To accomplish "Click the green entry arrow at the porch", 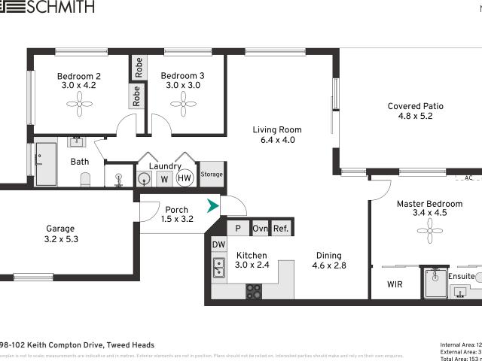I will click(x=213, y=205).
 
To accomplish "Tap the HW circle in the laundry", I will click(x=185, y=178).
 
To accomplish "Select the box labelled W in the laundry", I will click(x=163, y=179).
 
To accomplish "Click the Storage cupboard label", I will click(x=212, y=174).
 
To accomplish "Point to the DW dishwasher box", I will click(x=218, y=244).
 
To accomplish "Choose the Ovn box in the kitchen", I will click(x=261, y=229).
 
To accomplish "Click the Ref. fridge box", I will click(x=281, y=229).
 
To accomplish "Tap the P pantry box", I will click(x=238, y=229).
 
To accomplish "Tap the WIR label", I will click(x=394, y=284).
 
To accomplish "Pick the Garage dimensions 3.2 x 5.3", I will click(x=62, y=239).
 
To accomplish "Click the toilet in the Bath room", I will click(x=85, y=179).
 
